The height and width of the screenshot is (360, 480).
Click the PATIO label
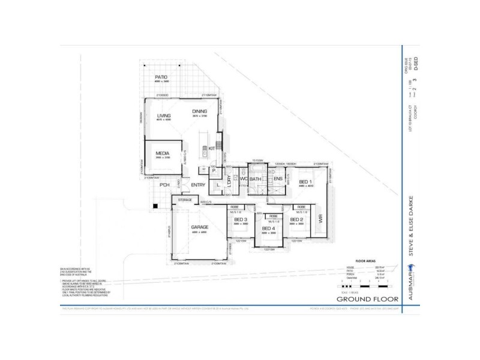(161, 77)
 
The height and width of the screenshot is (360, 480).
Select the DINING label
(199, 111)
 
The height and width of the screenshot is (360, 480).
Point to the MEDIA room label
(163, 153)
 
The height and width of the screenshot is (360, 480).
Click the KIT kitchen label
(212, 148)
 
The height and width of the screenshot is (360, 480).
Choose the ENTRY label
(198, 185)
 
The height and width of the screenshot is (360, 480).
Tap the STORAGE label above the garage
(185, 200)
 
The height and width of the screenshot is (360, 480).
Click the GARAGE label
(199, 227)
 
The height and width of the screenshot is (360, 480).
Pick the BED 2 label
(297, 220)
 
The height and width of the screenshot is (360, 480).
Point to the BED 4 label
(269, 229)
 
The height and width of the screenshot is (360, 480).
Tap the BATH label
(255, 179)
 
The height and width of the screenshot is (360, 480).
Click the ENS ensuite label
(278, 179)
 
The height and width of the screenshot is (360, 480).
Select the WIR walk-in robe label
(321, 220)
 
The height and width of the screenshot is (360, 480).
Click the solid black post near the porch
(155, 206)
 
